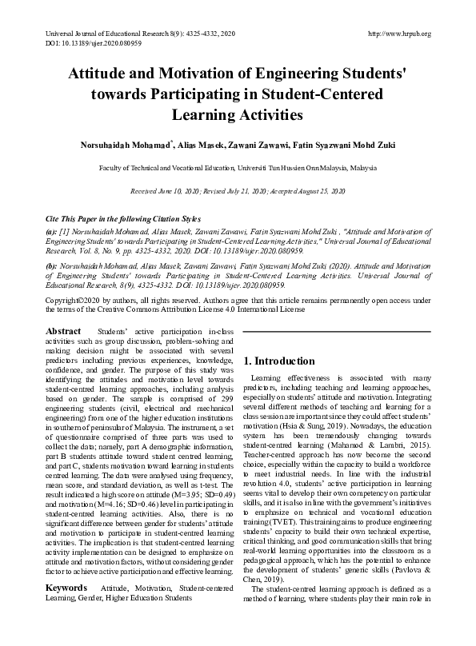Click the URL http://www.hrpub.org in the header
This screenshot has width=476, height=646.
pyautogui.click(x=398, y=34)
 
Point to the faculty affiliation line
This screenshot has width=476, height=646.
pyautogui.click(x=238, y=169)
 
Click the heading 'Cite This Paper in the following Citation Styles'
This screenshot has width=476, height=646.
pyautogui.click(x=123, y=218)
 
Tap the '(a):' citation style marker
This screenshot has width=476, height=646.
pyautogui.click(x=51, y=229)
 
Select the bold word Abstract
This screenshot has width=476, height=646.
pyautogui.click(x=63, y=331)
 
